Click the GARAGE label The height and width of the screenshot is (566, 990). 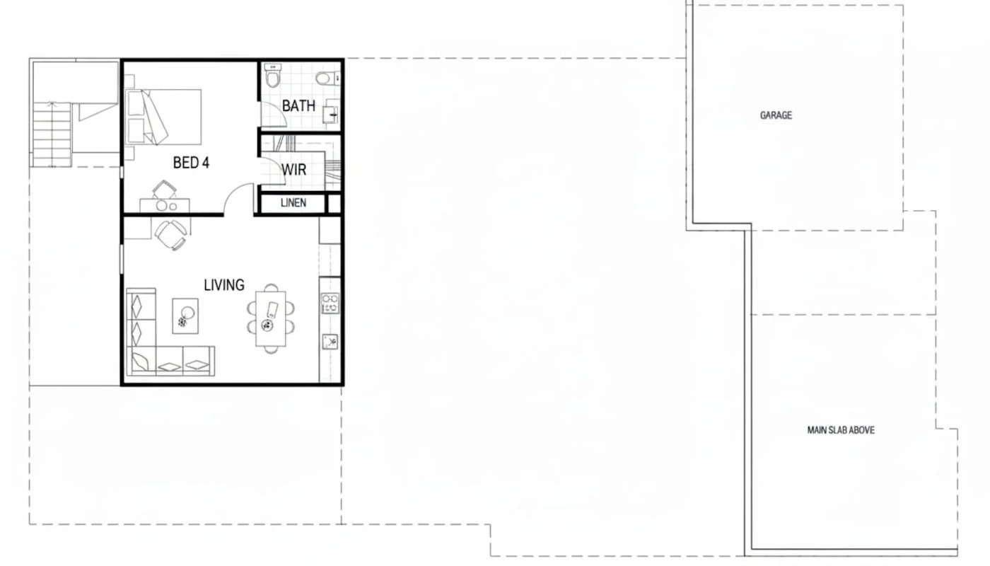pos(776,115)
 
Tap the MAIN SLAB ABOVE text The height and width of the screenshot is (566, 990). pos(841,430)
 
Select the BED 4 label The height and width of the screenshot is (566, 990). pos(191,163)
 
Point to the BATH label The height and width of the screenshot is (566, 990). pos(298,105)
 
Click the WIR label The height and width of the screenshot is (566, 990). pos(294,169)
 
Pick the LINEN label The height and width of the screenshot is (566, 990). pos(293,202)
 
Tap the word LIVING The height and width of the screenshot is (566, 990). pos(224,284)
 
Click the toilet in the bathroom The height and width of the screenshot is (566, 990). pos(272,76)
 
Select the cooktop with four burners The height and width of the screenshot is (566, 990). pos(330,304)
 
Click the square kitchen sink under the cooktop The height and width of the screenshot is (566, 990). pos(330,342)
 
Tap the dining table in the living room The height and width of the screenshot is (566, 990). pos(270,318)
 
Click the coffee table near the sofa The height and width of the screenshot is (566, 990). pos(185,316)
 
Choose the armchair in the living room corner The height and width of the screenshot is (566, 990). pos(171,234)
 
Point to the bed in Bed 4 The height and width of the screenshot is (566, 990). pos(163,117)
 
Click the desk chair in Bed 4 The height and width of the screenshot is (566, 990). pos(164,190)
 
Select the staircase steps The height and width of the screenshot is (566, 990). pos(52,134)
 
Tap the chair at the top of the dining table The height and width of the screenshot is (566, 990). pos(271,287)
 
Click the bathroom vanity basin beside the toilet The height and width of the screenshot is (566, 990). pos(325,79)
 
